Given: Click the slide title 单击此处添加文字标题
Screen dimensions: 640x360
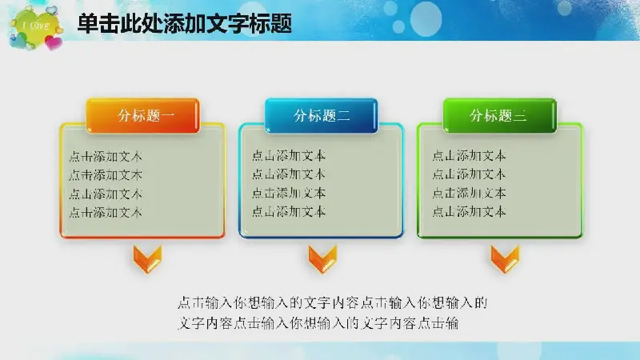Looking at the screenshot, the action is point(185,23).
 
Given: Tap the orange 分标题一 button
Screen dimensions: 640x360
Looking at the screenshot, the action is point(143,115).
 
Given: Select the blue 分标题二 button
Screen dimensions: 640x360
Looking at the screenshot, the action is point(322,115).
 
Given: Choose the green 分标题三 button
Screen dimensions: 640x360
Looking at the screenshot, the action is point(500,115).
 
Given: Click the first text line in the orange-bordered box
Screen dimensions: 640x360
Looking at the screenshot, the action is point(106,156).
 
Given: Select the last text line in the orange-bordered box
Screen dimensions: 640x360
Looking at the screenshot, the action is point(106,212).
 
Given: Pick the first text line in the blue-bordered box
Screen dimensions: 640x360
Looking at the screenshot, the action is point(289,155).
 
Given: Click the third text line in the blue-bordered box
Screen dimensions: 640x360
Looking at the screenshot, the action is point(289,193).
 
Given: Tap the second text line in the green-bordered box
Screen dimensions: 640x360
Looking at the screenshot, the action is point(469,174).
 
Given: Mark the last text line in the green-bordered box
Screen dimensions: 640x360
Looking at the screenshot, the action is point(469,211).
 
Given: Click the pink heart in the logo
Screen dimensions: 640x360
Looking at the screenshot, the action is point(54,42).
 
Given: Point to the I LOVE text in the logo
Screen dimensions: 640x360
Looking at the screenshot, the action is point(36,26).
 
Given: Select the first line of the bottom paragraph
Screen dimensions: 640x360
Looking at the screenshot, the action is point(333,303).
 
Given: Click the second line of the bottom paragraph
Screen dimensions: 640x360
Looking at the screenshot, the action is point(318,323).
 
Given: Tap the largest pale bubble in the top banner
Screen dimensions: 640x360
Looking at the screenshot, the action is point(426,18).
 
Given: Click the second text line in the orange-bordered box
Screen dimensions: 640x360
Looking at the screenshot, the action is point(106,175).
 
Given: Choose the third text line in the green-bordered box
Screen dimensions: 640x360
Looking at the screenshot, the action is point(469,193).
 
